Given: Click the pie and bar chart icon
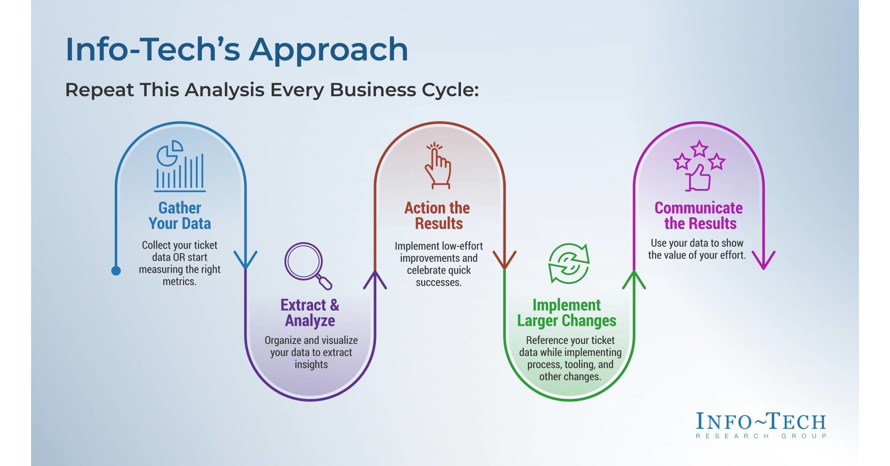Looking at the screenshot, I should pos(180,166).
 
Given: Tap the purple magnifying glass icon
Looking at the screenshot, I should pos(307,265).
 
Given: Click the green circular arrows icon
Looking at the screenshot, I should pos(569,263).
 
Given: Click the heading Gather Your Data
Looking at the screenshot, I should pos(180,216).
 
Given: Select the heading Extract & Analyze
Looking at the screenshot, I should pos(310,313).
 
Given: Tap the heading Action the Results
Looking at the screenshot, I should pos(438,216).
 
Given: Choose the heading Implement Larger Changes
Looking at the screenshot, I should pos(566,313).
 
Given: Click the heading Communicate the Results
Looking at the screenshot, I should pos(699,216).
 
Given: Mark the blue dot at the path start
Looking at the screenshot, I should pos(116,271).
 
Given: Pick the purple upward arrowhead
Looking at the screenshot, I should pos(375,280).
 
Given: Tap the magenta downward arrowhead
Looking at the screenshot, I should pos(763,260).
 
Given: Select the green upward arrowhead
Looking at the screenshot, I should pos(634,280).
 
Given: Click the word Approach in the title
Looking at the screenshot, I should pos(329,50).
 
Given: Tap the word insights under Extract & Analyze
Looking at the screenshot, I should pos(311,364).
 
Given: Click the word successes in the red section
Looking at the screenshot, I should pos(439,282).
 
